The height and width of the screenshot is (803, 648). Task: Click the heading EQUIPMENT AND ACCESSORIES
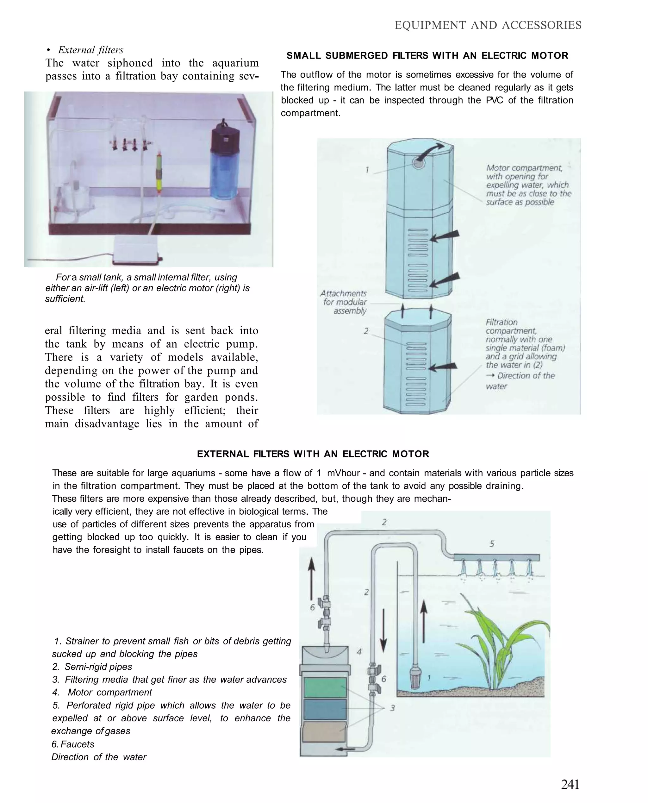[x=488, y=25]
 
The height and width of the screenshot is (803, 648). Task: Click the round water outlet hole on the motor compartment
[x=418, y=163]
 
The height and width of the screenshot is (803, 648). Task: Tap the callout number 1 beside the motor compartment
[x=367, y=170]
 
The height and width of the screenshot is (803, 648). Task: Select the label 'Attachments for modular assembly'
[x=344, y=302]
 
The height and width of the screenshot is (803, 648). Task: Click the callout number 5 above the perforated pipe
[x=492, y=544]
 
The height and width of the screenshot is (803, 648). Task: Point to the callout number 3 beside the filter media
[x=392, y=708]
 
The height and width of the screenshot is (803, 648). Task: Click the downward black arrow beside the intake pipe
[x=383, y=631]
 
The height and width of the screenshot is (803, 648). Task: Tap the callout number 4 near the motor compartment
[x=359, y=652]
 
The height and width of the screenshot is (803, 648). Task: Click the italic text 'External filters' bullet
[x=90, y=50]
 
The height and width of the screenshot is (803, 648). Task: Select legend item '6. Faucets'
[x=73, y=744]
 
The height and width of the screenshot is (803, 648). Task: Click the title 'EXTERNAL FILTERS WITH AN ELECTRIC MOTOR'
[x=313, y=454]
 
